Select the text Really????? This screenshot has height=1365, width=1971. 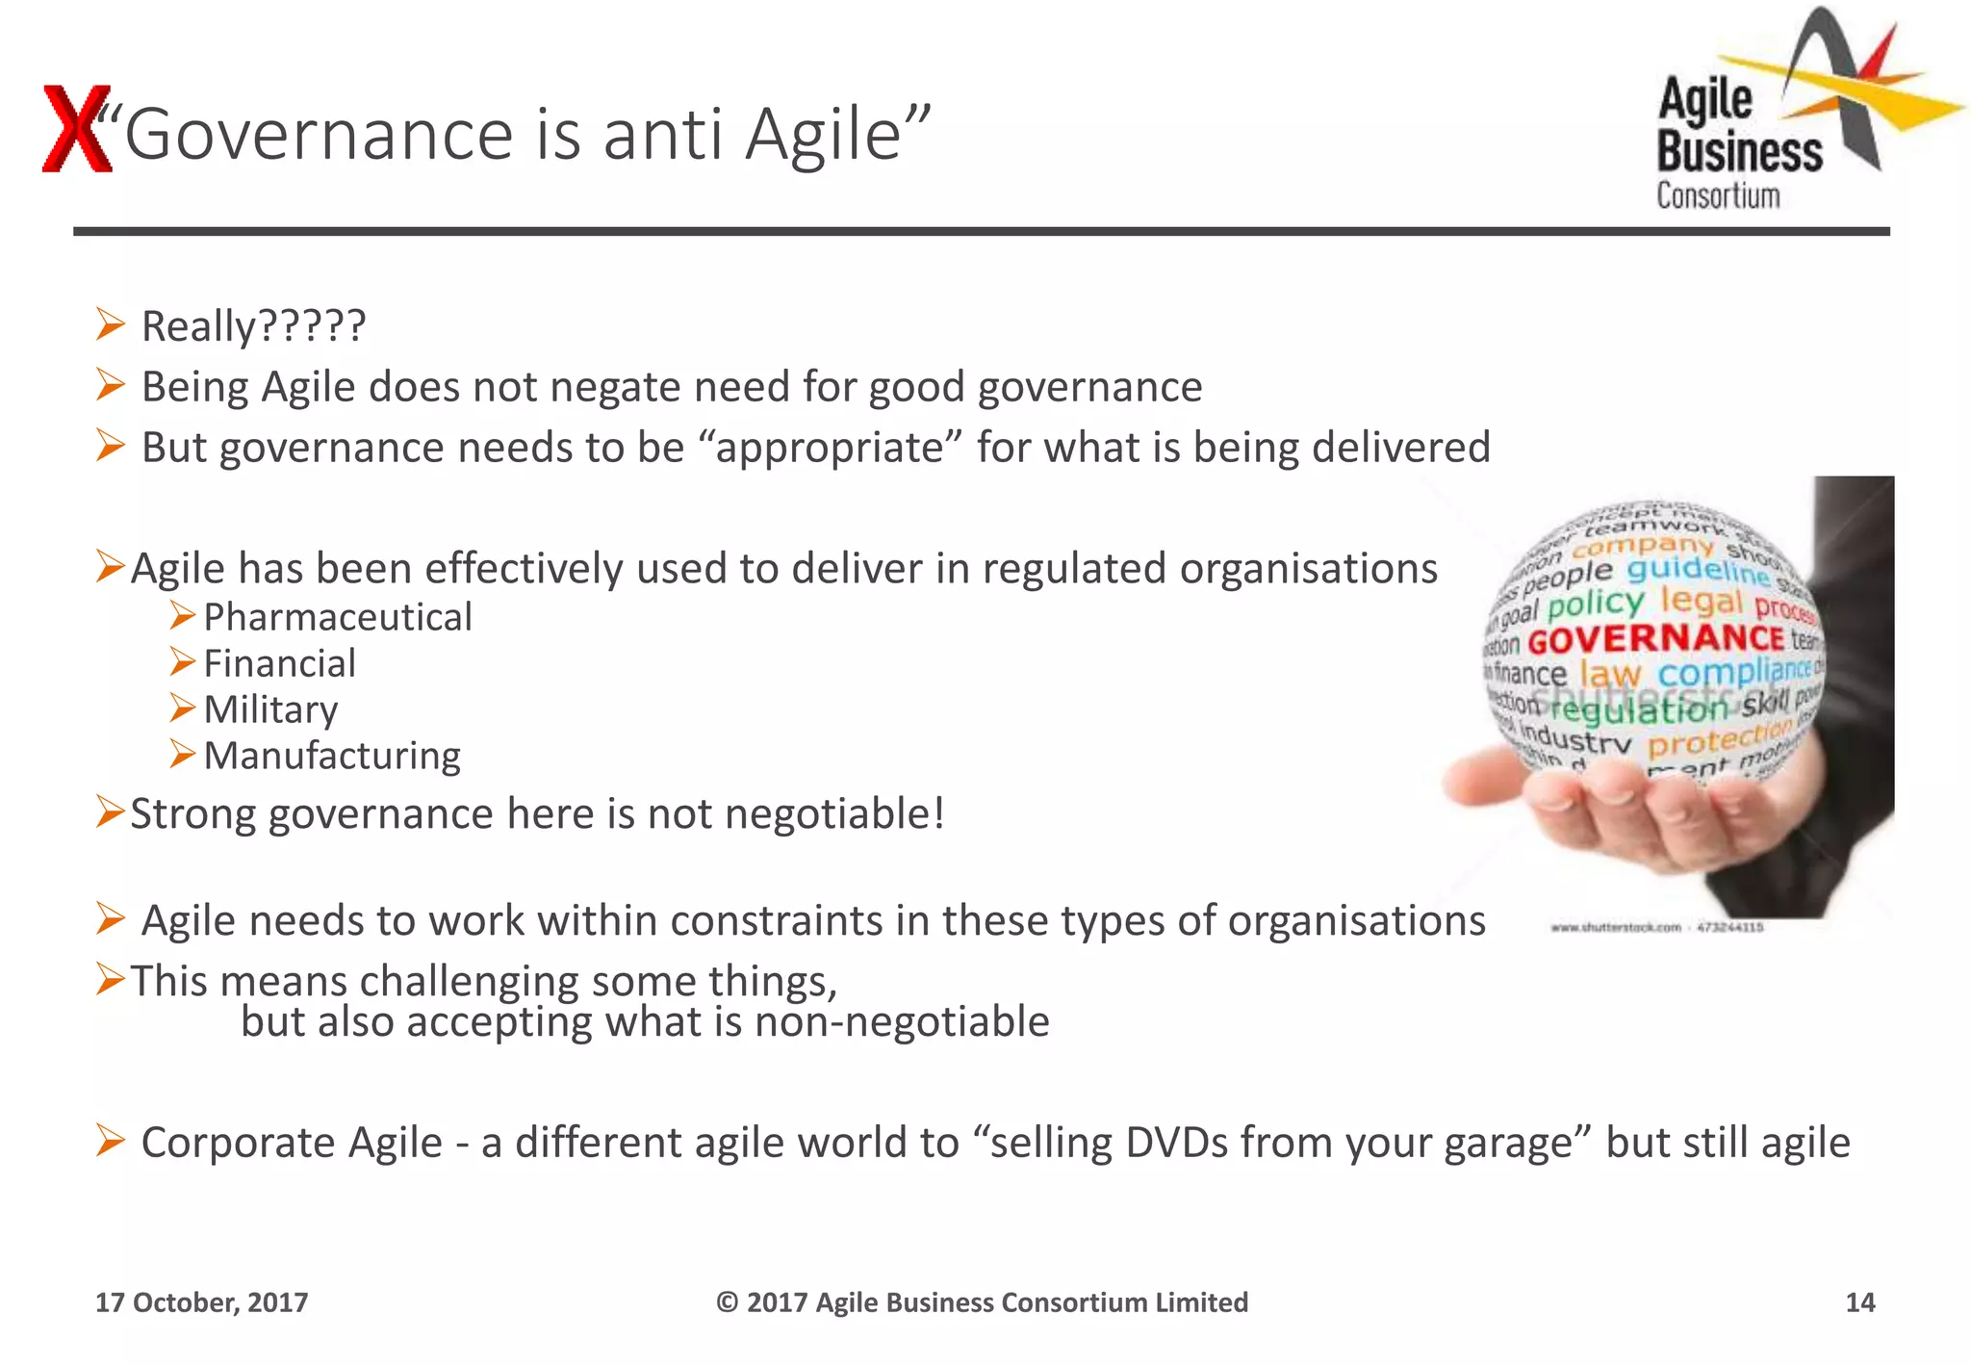click(253, 326)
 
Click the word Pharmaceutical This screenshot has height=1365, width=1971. click(337, 617)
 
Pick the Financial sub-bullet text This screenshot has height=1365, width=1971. click(279, 663)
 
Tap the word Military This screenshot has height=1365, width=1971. click(270, 709)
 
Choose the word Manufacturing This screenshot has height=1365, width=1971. click(332, 756)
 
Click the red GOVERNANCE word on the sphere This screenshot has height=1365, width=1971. click(1655, 639)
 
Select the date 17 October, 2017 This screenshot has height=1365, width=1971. click(201, 1302)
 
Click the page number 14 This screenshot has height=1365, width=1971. click(1859, 1302)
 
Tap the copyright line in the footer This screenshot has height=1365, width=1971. click(982, 1302)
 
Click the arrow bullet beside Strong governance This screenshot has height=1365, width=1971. click(110, 812)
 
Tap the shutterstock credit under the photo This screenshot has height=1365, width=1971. click(1656, 927)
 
